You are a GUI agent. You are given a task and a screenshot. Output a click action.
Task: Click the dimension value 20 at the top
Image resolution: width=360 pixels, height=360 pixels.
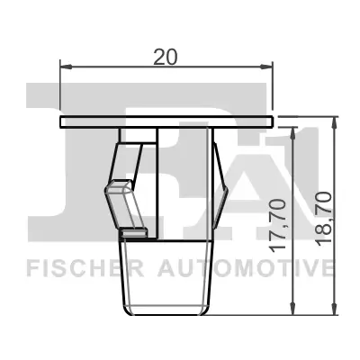164,56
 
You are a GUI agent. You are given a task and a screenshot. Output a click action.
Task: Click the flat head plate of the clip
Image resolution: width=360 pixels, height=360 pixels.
166,121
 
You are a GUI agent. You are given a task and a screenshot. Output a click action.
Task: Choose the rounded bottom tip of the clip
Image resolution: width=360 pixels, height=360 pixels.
167,306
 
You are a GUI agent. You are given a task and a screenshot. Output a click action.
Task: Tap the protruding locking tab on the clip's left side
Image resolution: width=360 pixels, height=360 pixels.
115,192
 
